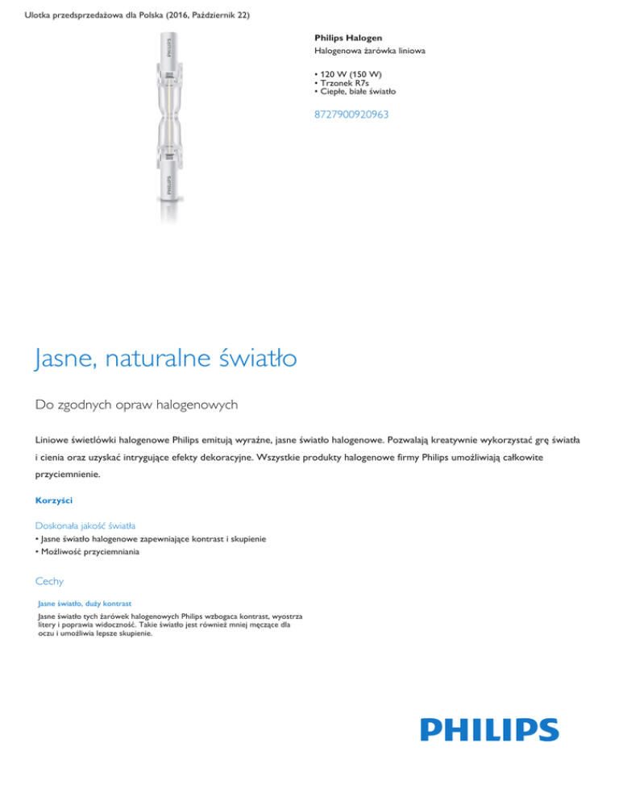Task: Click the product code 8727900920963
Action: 351,114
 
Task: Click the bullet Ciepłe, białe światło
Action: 356,92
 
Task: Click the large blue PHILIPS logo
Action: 489,730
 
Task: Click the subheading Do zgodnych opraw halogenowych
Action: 136,404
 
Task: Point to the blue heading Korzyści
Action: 54,500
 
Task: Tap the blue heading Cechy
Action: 49,579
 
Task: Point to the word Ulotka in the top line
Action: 40,9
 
